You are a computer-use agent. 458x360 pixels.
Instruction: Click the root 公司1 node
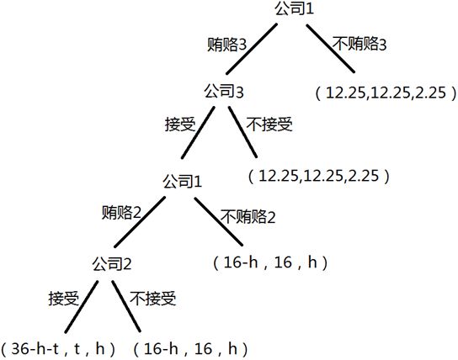[294, 8]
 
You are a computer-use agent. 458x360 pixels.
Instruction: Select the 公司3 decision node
[224, 93]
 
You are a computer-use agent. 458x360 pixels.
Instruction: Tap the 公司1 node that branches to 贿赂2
[182, 182]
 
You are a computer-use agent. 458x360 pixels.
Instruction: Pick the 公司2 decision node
[112, 264]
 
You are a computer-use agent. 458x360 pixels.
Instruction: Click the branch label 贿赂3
[227, 45]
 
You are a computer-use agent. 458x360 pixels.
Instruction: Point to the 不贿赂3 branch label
[359, 44]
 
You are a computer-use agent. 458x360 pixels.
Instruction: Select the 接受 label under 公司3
[180, 124]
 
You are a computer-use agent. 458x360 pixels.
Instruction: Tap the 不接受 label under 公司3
[269, 124]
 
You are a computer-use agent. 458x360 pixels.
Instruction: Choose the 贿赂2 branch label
[121, 213]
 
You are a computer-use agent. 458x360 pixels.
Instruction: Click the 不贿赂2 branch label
[248, 216]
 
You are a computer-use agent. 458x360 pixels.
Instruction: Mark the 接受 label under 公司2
[64, 298]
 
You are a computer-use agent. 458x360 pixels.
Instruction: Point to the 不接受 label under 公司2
[152, 298]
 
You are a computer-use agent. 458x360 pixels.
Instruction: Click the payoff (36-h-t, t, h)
[58, 348]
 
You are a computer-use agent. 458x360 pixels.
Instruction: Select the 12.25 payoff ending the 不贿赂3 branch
[386, 93]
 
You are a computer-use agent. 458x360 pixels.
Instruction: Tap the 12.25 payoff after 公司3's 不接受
[319, 176]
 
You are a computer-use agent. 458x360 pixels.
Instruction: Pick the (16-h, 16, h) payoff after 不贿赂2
[270, 262]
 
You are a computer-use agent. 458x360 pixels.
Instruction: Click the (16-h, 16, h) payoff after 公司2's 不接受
[190, 348]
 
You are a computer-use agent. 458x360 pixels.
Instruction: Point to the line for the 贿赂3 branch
[252, 49]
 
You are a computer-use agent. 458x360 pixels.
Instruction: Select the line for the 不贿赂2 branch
[219, 221]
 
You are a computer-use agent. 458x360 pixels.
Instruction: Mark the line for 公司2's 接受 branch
[82, 307]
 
